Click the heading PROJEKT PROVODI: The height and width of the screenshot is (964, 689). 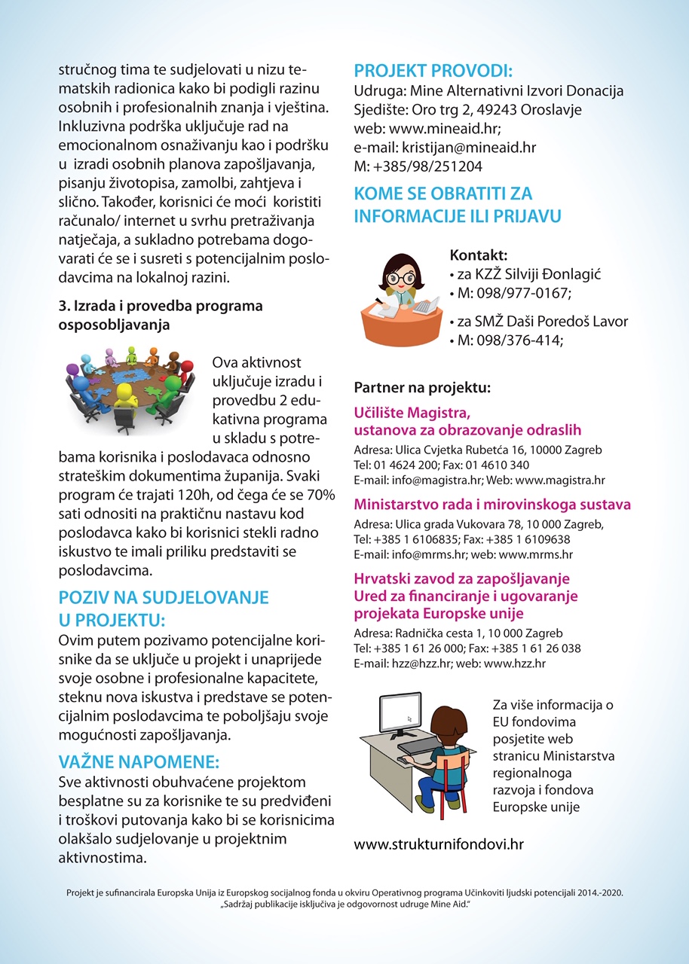(433, 72)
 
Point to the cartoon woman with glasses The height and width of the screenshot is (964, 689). (400, 294)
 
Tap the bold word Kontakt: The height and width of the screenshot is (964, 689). (479, 255)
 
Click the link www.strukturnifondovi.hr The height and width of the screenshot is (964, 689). (438, 844)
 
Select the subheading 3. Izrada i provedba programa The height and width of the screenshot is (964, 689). (160, 307)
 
